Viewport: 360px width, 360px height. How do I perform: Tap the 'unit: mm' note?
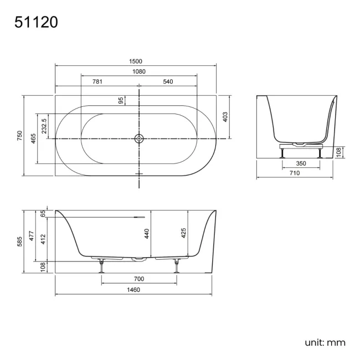[325, 342]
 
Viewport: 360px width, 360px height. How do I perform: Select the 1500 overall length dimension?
[136, 61]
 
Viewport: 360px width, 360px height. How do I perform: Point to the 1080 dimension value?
[138, 71]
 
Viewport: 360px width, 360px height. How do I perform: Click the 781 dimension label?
[97, 82]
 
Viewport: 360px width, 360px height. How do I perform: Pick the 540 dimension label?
[168, 82]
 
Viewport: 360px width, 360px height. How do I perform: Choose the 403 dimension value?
[225, 117]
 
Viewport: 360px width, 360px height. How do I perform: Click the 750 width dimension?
[19, 136]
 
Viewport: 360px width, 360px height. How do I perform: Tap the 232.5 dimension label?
[44, 124]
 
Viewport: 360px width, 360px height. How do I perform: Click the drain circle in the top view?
[138, 138]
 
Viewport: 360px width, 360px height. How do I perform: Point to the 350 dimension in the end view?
[301, 163]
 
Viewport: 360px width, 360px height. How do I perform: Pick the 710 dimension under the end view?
[295, 173]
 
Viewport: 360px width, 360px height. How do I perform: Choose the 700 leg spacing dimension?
[138, 279]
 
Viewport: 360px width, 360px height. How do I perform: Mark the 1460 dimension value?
[133, 289]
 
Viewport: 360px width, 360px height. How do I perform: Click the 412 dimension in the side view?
[44, 239]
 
